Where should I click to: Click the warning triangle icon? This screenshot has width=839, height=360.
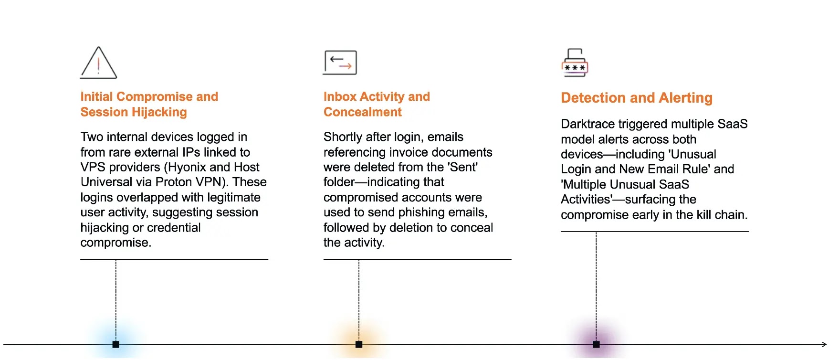98,64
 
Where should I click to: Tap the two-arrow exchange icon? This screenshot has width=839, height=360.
340,63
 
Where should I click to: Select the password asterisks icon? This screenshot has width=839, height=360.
575,64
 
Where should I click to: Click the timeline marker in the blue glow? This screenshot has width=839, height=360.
116,344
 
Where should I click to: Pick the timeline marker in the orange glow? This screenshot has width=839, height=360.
359,344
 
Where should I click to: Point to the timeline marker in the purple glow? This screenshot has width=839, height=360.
596,344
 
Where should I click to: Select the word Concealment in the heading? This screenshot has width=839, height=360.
363,112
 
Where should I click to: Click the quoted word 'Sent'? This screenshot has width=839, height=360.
462,167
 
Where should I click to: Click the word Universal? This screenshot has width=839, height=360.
102,182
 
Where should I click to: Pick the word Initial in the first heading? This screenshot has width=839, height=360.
96,97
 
